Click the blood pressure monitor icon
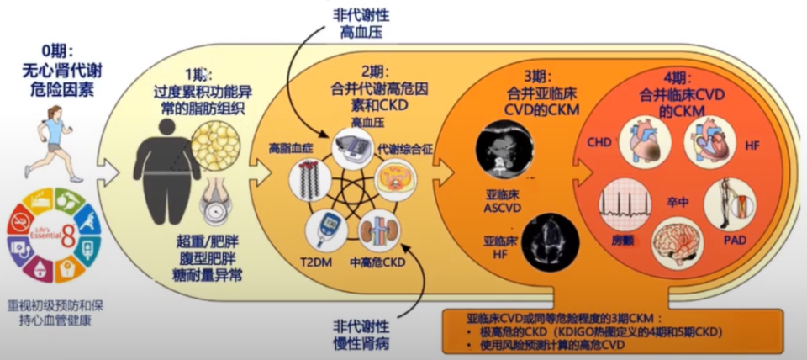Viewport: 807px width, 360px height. pyautogui.click(x=353, y=148)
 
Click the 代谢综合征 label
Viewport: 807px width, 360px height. pyautogui.click(x=406, y=147)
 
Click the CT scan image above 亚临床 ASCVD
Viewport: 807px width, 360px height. pyautogui.click(x=503, y=148)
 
